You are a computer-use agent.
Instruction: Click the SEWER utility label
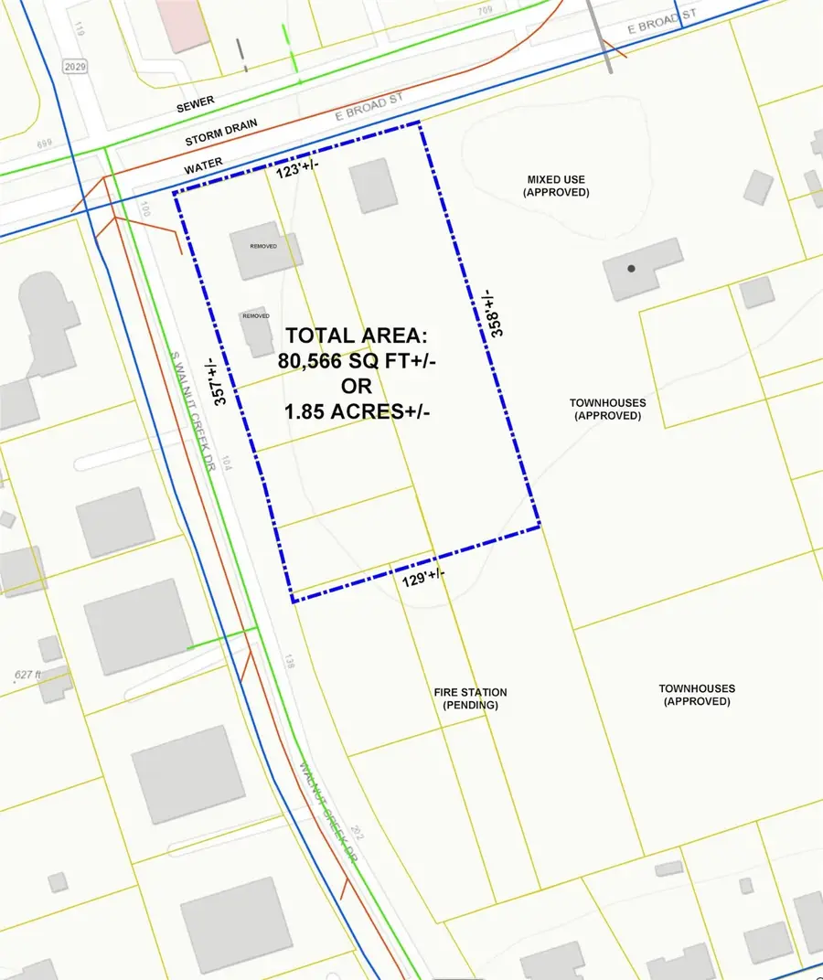pos(197,108)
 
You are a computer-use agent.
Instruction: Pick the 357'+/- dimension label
pos(219,381)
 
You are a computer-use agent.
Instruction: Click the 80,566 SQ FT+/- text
pos(358,361)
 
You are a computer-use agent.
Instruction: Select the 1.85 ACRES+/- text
pos(358,411)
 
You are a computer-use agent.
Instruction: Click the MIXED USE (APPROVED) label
pos(556,186)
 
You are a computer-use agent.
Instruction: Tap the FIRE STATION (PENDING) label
pos(470,698)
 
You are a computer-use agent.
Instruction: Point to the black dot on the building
pos(631,269)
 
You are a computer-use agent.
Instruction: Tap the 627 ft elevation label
pos(28,676)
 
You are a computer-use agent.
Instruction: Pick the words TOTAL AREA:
pos(358,336)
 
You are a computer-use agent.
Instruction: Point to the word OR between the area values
pos(358,387)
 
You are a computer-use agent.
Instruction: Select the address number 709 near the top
pos(482,11)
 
